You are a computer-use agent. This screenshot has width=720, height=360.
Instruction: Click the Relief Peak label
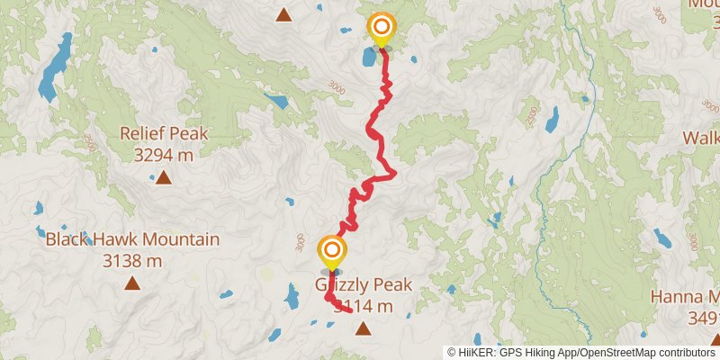[164, 134]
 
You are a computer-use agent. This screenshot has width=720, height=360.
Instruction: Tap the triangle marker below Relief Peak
[164, 178]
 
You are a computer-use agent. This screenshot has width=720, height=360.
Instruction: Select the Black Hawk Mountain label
[132, 240]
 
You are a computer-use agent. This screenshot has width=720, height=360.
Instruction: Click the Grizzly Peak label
[364, 285]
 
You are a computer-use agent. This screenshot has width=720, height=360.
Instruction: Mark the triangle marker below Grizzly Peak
[363, 328]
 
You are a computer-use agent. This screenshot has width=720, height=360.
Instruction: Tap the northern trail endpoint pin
[382, 28]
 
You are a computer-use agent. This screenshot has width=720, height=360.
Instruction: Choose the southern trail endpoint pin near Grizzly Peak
[332, 251]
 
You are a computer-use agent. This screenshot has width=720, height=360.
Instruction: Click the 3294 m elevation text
[164, 155]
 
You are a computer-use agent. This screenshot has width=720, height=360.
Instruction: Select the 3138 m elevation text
[132, 261]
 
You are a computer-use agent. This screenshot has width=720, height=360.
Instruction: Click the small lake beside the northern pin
[369, 58]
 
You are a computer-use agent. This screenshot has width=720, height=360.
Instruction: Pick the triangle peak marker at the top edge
[283, 13]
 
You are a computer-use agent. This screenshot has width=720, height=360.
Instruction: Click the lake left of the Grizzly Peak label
[292, 294]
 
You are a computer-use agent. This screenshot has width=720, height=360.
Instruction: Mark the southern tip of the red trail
[349, 311]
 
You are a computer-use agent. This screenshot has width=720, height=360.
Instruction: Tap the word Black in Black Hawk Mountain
[67, 240]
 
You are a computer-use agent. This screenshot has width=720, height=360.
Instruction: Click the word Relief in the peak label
[143, 134]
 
